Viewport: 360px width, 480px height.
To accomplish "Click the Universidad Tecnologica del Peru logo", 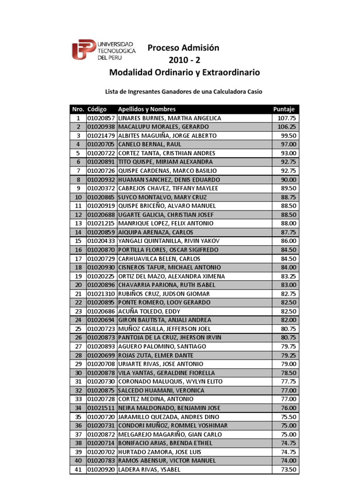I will (104, 49).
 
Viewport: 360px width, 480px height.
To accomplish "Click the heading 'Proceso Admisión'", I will (184, 48).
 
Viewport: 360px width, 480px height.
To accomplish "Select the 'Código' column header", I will (97, 109).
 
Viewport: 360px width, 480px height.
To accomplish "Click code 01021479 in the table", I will (101, 135).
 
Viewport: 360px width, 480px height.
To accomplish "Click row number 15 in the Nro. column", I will (78, 241).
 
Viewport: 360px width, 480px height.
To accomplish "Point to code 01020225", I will (101, 276).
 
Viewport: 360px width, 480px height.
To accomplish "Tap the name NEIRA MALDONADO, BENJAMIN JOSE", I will (169, 408).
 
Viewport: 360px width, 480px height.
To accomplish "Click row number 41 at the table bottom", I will (78, 469).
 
